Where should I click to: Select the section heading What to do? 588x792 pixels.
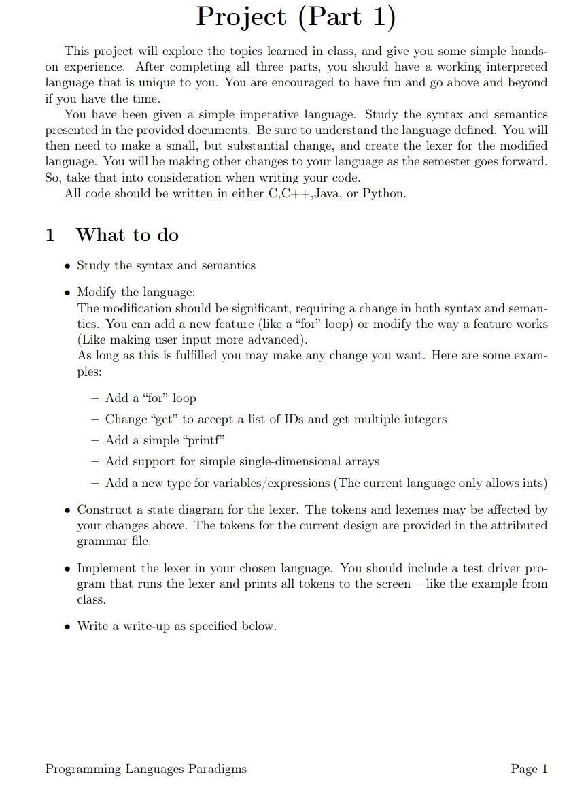[x=127, y=235]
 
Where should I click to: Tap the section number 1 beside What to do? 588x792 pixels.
[x=50, y=235]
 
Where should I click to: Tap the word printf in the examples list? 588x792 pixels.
[x=201, y=440]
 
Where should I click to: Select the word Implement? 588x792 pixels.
[x=107, y=568]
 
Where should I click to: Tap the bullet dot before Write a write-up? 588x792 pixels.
[x=67, y=627]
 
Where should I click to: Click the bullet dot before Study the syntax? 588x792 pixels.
[x=67, y=266]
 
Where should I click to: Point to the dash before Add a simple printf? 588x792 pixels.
[x=95, y=440]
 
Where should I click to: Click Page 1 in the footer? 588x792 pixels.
[x=529, y=769]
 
